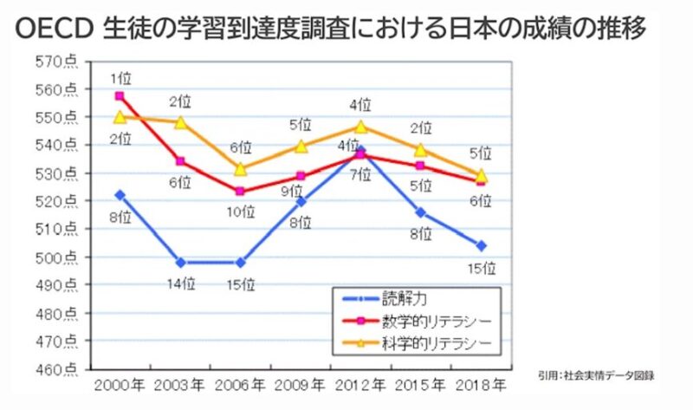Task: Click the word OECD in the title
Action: click(x=53, y=29)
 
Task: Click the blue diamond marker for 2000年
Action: click(x=120, y=195)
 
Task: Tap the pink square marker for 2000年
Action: click(x=120, y=96)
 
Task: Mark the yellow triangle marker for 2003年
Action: click(x=180, y=123)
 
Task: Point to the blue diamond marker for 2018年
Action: click(x=481, y=245)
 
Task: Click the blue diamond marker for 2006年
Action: click(x=240, y=262)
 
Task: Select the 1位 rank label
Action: click(x=120, y=79)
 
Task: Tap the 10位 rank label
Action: click(x=240, y=211)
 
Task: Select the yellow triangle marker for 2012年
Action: click(x=361, y=127)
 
